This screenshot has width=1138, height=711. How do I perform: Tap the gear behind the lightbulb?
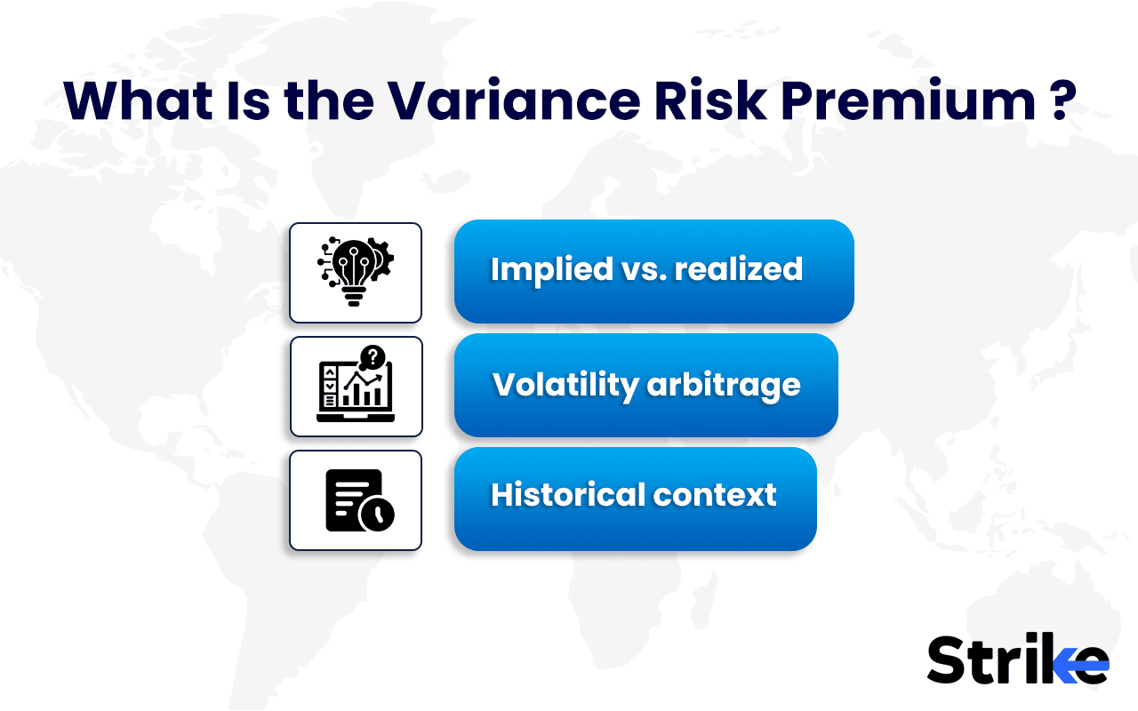click(x=382, y=259)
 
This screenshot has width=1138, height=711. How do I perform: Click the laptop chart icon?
click(x=355, y=392)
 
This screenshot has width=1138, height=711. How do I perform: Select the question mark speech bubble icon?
click(x=373, y=358)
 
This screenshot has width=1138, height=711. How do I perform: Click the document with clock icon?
click(x=355, y=499)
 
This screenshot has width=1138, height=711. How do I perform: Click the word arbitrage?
click(x=724, y=385)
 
